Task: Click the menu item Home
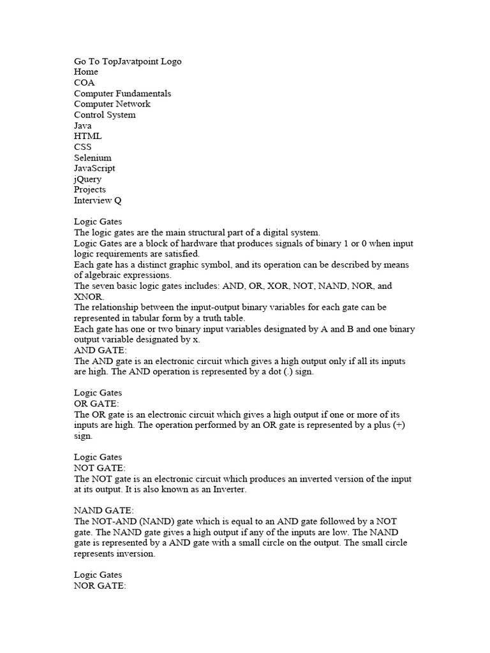coord(86,72)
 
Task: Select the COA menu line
coord(84,83)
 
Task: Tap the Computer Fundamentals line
coord(122,94)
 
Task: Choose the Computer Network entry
coord(112,104)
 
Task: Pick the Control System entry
coord(105,115)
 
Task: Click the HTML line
coord(87,136)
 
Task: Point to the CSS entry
coord(83,147)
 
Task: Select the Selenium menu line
coord(93,158)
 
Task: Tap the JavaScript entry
coord(94,168)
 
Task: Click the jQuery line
coord(87,179)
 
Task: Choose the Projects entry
coord(90,189)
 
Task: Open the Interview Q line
coord(98,200)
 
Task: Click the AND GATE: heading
coord(100,350)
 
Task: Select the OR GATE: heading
coord(96,404)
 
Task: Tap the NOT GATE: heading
coord(100,468)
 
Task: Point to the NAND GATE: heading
coord(104,511)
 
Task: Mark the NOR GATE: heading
coord(100,586)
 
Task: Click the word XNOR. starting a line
coord(88,297)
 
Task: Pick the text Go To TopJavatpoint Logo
coord(128,61)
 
